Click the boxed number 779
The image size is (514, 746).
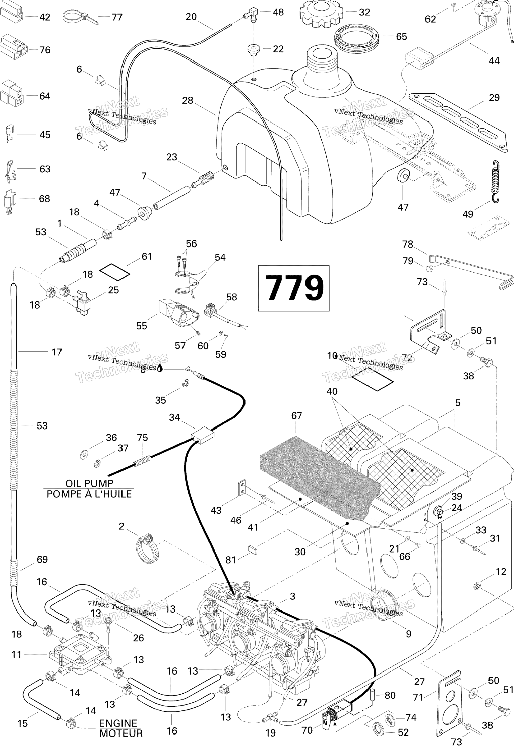[293, 288]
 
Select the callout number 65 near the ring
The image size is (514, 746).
[401, 37]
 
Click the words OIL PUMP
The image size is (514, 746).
[89, 483]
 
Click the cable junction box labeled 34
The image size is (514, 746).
[203, 435]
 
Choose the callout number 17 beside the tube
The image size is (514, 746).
[57, 352]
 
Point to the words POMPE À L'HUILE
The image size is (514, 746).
[89, 494]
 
